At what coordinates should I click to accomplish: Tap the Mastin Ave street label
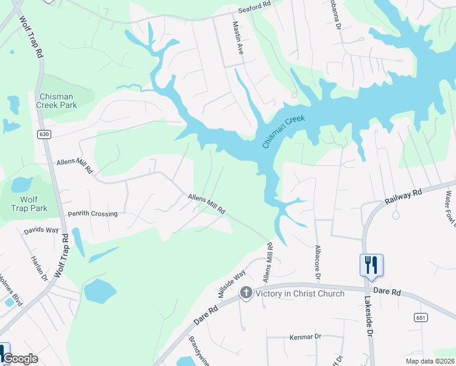[x=238, y=39]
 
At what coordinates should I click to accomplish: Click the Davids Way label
[x=41, y=231]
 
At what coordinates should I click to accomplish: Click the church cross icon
[x=246, y=293]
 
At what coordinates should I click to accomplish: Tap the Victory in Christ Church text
[x=300, y=293]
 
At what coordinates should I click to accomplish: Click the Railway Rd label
[x=403, y=196]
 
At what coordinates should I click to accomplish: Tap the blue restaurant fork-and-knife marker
[x=371, y=265]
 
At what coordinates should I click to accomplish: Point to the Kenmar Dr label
[x=305, y=336]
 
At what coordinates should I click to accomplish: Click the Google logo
[x=21, y=359]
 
